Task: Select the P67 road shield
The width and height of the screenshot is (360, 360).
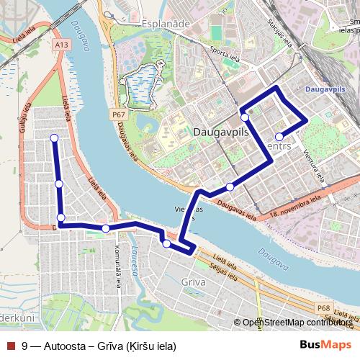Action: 119,114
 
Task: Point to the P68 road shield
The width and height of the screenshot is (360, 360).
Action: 325,308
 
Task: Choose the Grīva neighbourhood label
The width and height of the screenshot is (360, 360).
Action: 194,282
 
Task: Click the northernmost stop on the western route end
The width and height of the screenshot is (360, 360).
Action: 54,138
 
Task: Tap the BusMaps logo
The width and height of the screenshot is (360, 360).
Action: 325,345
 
